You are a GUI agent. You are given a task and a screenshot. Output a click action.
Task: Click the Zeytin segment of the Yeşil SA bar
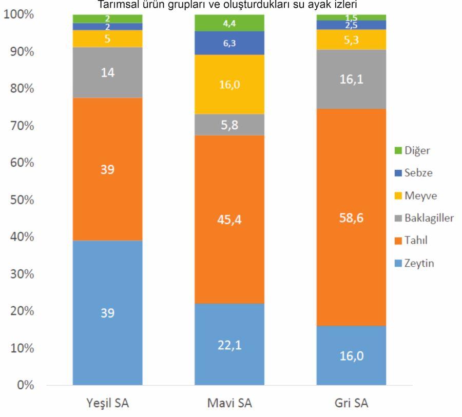pyautogui.click(x=107, y=312)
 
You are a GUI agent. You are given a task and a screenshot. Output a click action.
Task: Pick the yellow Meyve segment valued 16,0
pyautogui.click(x=229, y=85)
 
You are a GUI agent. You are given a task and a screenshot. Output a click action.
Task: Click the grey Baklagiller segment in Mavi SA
pyautogui.click(x=229, y=125)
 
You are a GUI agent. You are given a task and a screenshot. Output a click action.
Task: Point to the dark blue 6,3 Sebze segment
pyautogui.click(x=229, y=43)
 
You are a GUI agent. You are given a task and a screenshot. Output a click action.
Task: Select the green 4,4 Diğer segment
pyautogui.click(x=229, y=23)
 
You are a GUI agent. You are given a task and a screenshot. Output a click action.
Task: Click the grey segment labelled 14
pyautogui.click(x=107, y=72)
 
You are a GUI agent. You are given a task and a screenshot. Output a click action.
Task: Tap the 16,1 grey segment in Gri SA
pyautogui.click(x=351, y=79)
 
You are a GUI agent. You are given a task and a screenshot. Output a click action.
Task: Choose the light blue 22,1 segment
pyautogui.click(x=229, y=344)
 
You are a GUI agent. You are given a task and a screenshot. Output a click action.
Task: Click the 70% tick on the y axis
pyautogui.click(x=19, y=126)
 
